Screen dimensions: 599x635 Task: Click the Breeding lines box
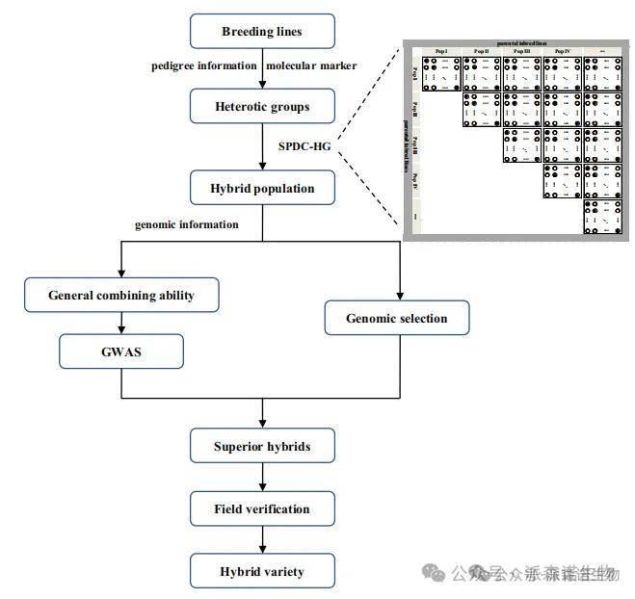(x=262, y=32)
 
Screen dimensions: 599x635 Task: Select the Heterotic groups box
(x=262, y=105)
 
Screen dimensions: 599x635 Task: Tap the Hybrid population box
(x=262, y=187)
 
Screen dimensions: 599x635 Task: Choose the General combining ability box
(x=120, y=295)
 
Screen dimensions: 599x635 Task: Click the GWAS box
(x=120, y=352)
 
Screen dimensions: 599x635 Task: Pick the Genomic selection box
(x=396, y=317)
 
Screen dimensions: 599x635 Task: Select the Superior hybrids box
(x=262, y=446)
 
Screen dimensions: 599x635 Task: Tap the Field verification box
(x=262, y=508)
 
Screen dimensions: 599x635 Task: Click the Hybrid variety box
(x=262, y=571)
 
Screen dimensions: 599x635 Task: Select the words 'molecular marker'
(x=310, y=65)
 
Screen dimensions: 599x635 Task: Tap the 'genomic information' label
(x=187, y=224)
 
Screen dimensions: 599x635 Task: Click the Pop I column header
(x=442, y=51)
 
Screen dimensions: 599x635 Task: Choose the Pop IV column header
(x=563, y=51)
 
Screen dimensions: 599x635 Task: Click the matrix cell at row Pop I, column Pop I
(x=442, y=73)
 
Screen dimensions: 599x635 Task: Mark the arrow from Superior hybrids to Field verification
(x=262, y=478)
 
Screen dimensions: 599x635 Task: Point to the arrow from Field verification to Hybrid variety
(x=262, y=539)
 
